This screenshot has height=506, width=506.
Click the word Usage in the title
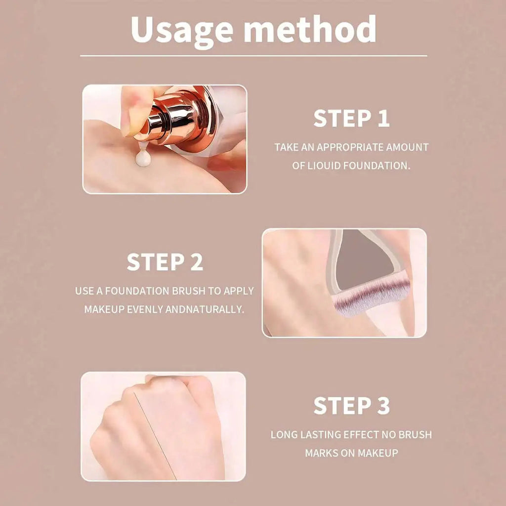182,31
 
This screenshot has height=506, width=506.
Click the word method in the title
310,30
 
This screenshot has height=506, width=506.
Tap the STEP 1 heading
351,119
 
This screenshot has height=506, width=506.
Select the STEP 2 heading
165,262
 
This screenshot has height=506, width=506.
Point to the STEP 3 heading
351,406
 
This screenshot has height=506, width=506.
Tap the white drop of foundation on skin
143,158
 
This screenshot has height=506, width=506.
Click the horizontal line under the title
253,56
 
